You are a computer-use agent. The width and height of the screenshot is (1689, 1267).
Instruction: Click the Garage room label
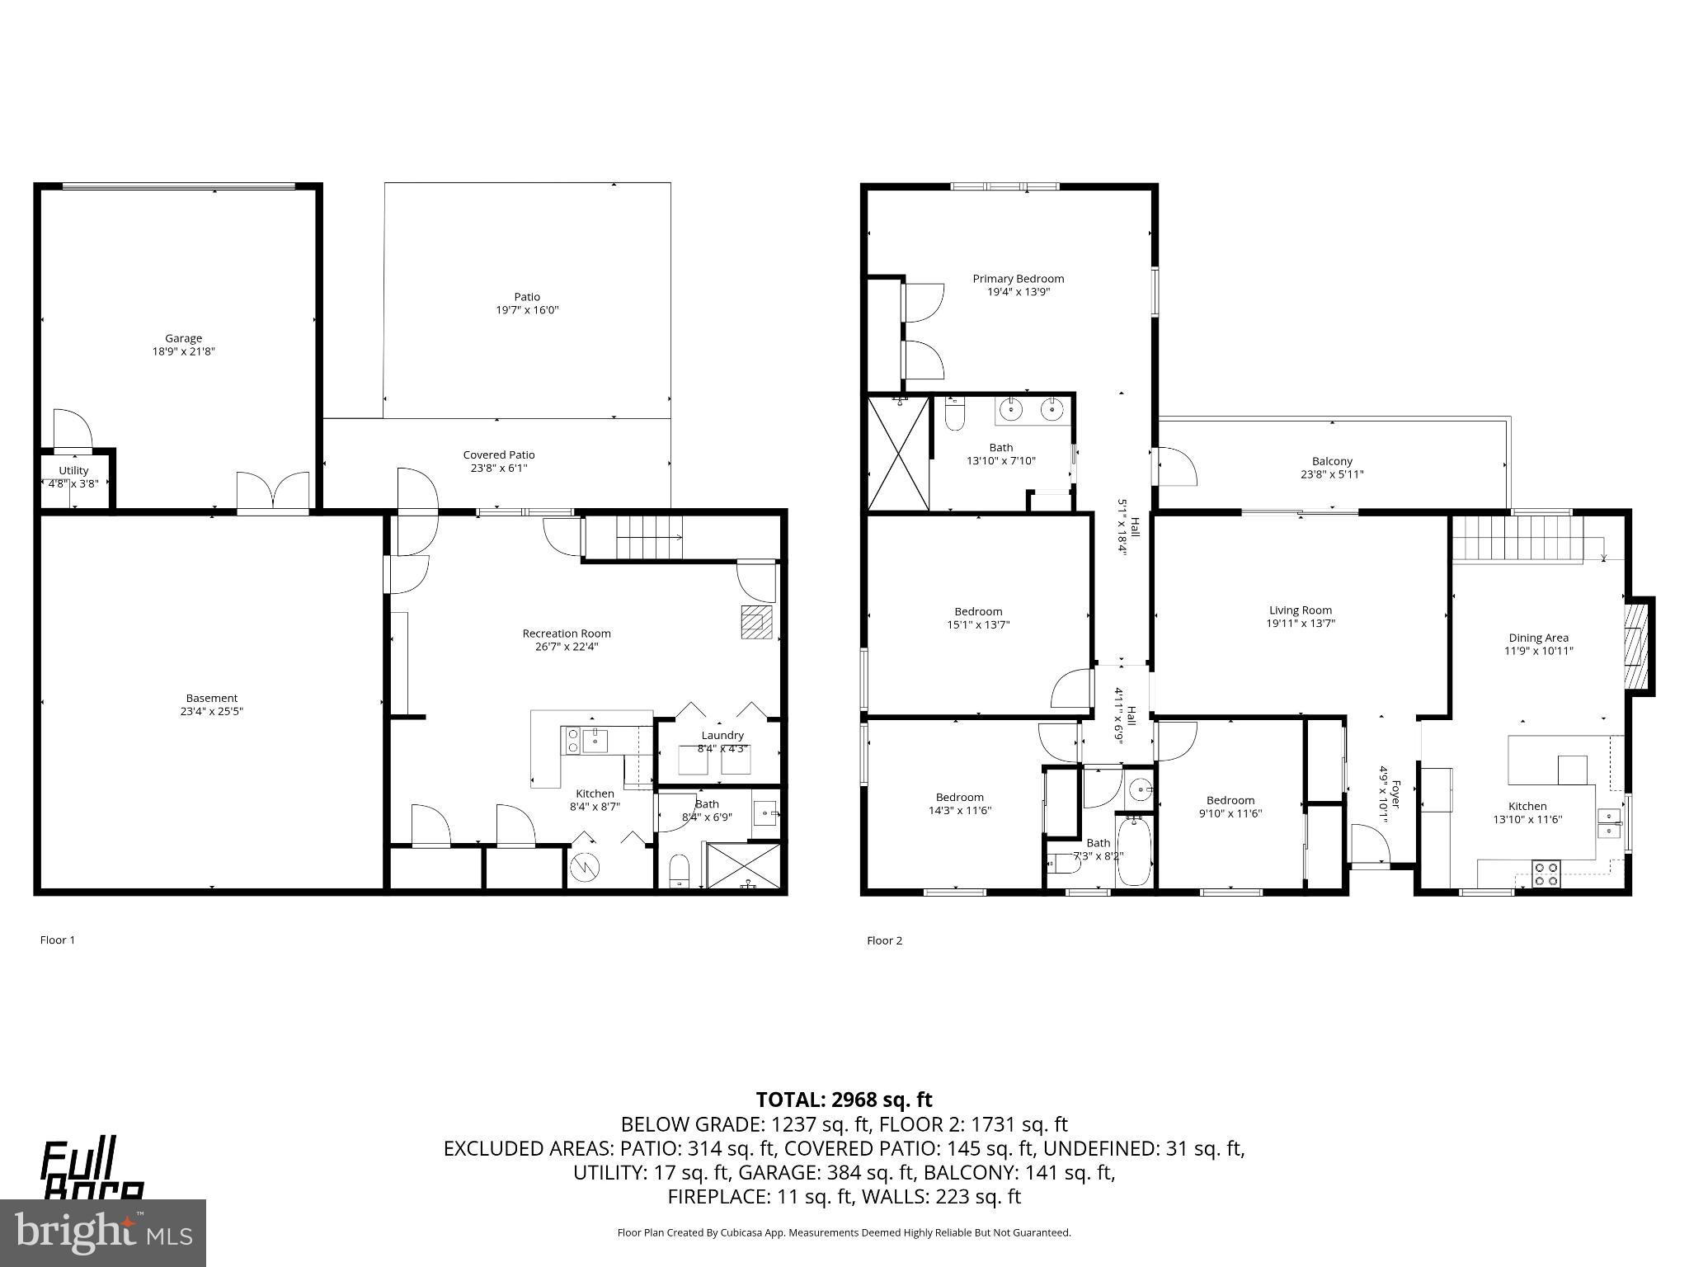click(x=183, y=338)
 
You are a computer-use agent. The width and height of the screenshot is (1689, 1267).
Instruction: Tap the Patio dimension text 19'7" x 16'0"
click(x=527, y=310)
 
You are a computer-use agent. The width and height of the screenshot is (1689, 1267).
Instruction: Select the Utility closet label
click(x=73, y=471)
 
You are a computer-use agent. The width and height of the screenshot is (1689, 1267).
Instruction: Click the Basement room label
click(x=211, y=698)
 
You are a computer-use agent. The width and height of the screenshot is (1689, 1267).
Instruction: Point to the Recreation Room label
click(x=567, y=633)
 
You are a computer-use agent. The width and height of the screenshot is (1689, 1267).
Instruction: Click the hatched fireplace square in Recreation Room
click(x=756, y=622)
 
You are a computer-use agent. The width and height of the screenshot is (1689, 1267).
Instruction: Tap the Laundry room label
click(x=722, y=735)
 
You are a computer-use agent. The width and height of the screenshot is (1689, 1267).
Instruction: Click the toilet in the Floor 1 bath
click(x=679, y=871)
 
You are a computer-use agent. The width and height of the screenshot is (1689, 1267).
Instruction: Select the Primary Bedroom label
click(x=1018, y=279)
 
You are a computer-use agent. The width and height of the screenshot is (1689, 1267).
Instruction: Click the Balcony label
click(x=1332, y=461)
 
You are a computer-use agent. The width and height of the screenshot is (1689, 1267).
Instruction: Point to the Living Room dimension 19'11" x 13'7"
click(x=1301, y=624)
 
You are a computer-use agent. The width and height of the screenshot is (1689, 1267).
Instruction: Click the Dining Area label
click(x=1538, y=638)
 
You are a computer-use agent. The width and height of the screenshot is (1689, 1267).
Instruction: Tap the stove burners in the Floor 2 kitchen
click(x=1546, y=874)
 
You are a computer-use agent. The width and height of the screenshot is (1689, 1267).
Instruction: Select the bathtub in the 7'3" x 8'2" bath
click(x=1135, y=851)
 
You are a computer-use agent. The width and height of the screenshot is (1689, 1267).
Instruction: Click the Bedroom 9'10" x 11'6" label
click(x=1230, y=800)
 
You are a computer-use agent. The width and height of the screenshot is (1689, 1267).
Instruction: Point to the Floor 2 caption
click(x=884, y=940)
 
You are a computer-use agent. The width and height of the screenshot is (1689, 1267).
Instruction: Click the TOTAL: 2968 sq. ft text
click(x=844, y=1100)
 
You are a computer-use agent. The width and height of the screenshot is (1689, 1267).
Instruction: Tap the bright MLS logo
click(x=103, y=1232)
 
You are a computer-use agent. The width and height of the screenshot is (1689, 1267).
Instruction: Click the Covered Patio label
click(x=498, y=455)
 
